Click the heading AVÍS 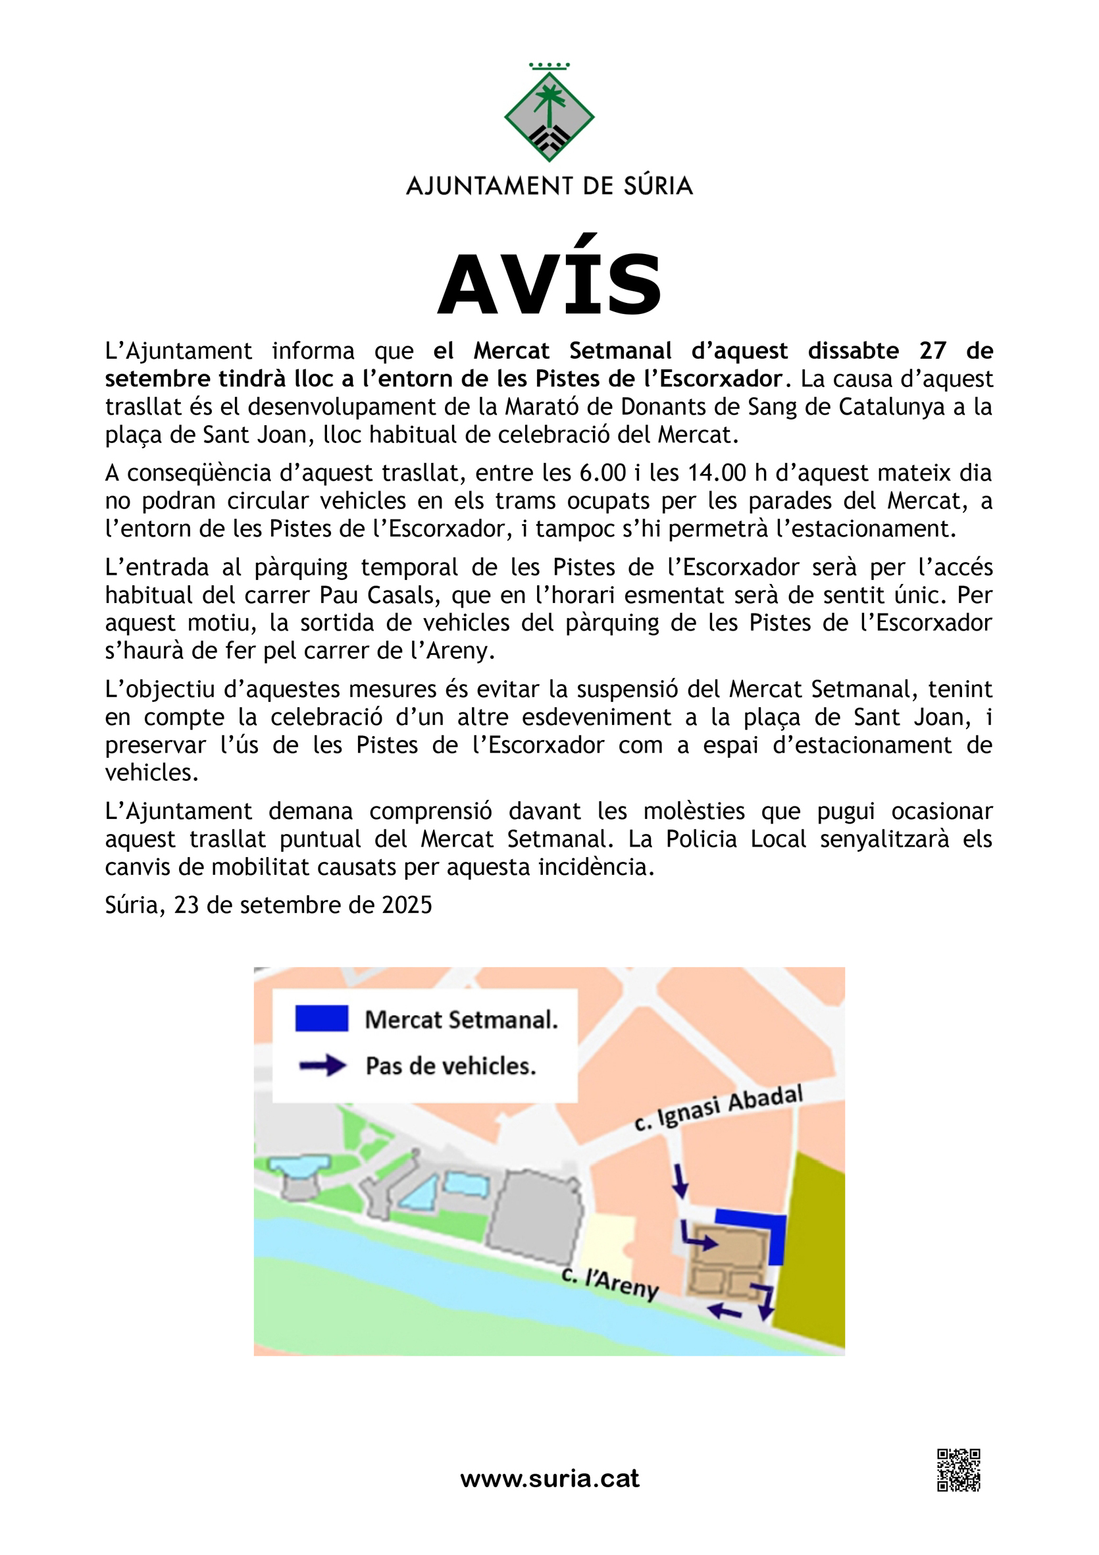click(x=549, y=284)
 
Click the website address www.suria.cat click(x=549, y=1479)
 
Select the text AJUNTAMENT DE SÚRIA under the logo click(x=549, y=186)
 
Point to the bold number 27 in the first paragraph click(x=933, y=351)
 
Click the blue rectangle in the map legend click(x=322, y=1018)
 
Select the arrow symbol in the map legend click(x=323, y=1065)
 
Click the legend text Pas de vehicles click(x=450, y=1066)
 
